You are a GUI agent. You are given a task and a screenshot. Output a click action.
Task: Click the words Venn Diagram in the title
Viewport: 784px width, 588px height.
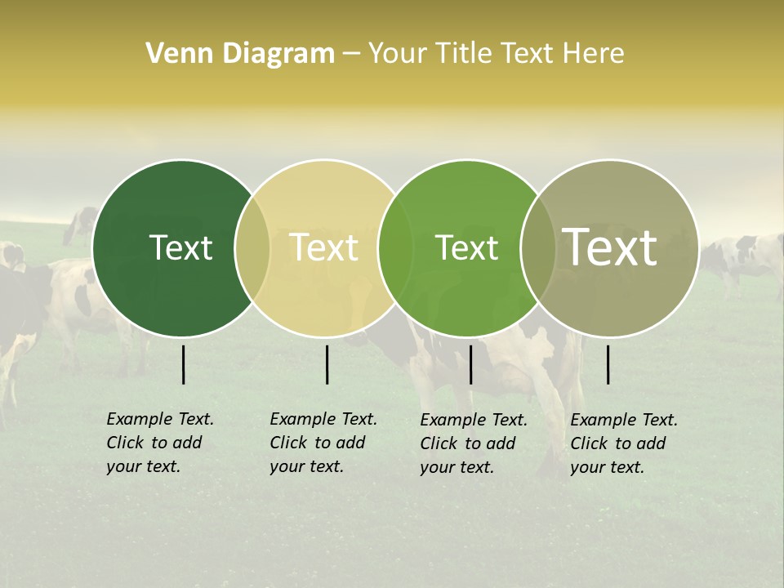click(240, 54)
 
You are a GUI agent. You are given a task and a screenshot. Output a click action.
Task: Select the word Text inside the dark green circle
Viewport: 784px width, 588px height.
click(180, 247)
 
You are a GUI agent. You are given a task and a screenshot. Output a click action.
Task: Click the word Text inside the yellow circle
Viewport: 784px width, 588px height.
click(323, 247)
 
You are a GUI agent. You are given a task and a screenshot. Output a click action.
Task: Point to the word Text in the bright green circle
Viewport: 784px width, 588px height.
click(466, 247)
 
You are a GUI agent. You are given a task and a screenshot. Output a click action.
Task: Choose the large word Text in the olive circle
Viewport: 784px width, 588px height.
click(610, 247)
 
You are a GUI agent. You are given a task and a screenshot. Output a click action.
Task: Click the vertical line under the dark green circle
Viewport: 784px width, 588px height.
click(184, 364)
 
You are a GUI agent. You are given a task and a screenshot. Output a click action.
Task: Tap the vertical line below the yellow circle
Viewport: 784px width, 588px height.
click(327, 364)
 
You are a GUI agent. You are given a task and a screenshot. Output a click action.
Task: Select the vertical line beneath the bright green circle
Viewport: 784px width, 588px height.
click(470, 364)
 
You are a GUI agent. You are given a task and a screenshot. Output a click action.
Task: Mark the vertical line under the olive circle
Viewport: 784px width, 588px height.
click(608, 364)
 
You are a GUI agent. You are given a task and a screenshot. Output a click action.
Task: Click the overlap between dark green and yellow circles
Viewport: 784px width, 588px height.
click(252, 247)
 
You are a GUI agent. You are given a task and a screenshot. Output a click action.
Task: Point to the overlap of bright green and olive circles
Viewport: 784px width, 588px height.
click(538, 247)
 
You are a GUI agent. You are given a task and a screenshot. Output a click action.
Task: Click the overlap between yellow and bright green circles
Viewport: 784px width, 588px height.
click(396, 247)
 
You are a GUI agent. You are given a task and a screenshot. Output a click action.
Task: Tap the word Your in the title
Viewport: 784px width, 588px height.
click(398, 54)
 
